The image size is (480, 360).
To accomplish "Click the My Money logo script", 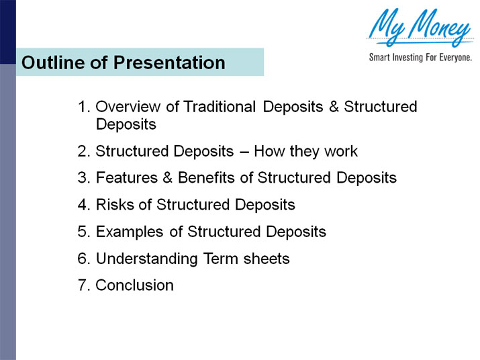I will click(x=420, y=28).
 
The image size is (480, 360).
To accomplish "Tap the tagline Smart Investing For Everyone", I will click(x=420, y=58).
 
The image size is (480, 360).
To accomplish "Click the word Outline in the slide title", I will click(x=49, y=63).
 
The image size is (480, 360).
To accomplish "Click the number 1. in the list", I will click(x=84, y=107).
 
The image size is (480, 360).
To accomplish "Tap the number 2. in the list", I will click(x=84, y=151).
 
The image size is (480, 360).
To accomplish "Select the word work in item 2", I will click(x=341, y=151).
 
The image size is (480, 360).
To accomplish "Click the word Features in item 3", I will click(x=124, y=178).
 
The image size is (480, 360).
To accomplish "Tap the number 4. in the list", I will click(x=84, y=205).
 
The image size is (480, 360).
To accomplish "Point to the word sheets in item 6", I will click(x=268, y=259).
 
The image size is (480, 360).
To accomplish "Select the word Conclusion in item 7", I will click(x=134, y=285).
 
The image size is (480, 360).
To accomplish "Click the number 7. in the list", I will click(x=84, y=285).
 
